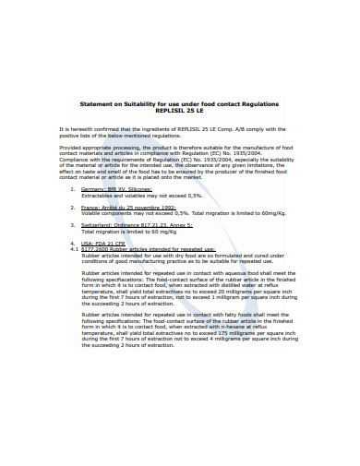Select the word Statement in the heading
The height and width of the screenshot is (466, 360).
tap(96, 102)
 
